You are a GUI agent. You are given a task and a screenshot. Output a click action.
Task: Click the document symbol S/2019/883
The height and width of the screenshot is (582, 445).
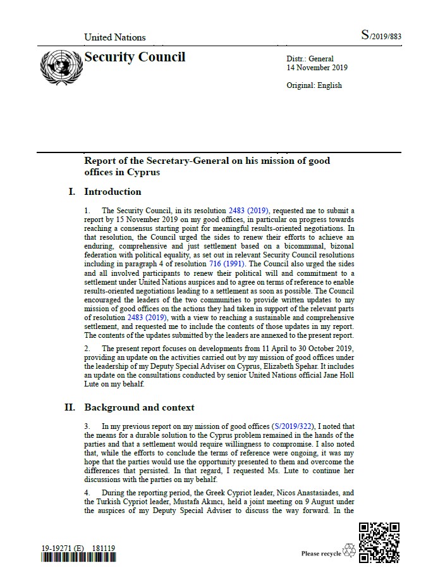(x=381, y=36)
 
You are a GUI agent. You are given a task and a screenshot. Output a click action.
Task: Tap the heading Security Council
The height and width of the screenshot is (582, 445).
(x=135, y=57)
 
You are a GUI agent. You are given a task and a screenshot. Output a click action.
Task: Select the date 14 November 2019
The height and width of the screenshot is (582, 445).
(x=317, y=68)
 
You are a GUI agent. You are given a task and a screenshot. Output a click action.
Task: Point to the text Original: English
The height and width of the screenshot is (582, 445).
(x=314, y=85)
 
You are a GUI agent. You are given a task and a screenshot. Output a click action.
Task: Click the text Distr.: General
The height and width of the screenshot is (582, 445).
(x=310, y=59)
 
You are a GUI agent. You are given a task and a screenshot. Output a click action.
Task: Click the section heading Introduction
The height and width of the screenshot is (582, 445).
(x=113, y=192)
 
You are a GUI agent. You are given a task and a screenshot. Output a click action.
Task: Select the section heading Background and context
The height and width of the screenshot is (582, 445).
(x=139, y=407)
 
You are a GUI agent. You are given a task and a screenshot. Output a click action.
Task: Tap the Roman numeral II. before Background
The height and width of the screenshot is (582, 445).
(x=70, y=407)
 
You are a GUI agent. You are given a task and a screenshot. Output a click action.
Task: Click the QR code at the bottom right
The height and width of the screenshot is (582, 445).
(x=379, y=542)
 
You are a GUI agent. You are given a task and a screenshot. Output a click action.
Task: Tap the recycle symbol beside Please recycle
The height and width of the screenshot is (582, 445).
(x=349, y=552)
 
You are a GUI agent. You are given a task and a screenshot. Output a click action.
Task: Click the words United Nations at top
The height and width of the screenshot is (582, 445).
(x=115, y=37)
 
